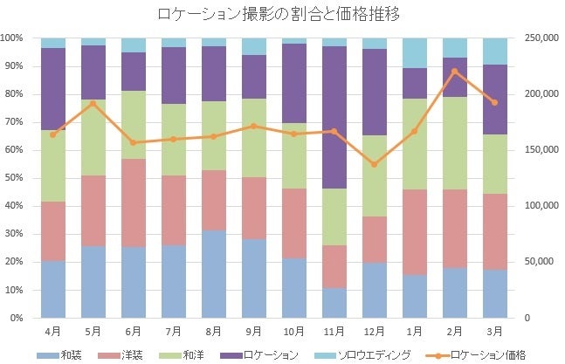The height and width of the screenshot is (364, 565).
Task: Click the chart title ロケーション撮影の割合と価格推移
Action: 282,15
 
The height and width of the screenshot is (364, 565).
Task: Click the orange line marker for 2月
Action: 455,72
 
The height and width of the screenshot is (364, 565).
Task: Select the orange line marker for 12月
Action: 374,164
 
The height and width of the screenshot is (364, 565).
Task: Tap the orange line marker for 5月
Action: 93,104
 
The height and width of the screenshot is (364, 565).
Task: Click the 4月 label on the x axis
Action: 53,332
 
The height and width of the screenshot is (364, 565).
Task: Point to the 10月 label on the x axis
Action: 293,332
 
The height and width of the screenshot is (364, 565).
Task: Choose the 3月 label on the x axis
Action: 495,332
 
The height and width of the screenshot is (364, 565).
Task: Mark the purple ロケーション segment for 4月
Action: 53,89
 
